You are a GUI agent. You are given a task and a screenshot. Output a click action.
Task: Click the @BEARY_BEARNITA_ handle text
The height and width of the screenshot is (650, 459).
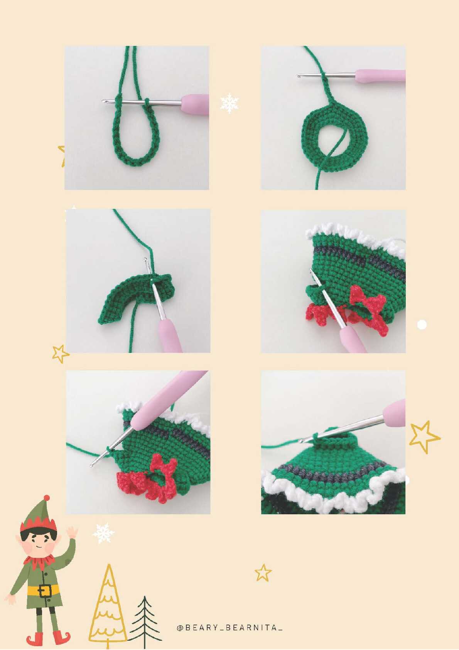click(x=229, y=628)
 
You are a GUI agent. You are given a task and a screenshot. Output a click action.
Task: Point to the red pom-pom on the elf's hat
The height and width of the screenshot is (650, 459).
click(x=46, y=498)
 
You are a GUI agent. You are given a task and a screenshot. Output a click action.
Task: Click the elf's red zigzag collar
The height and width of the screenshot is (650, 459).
click(x=39, y=561)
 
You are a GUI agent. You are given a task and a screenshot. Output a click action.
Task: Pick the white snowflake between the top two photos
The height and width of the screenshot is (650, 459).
click(x=229, y=103)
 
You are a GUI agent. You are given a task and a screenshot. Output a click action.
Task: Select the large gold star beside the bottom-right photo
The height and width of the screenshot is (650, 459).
click(x=424, y=437)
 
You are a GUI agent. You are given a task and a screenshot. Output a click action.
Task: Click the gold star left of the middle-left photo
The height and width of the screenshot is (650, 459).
click(x=61, y=354)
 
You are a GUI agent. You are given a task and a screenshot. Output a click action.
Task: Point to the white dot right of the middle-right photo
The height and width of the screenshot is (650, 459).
click(x=422, y=325)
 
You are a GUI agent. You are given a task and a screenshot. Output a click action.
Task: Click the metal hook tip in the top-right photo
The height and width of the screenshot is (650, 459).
click(x=299, y=76)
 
